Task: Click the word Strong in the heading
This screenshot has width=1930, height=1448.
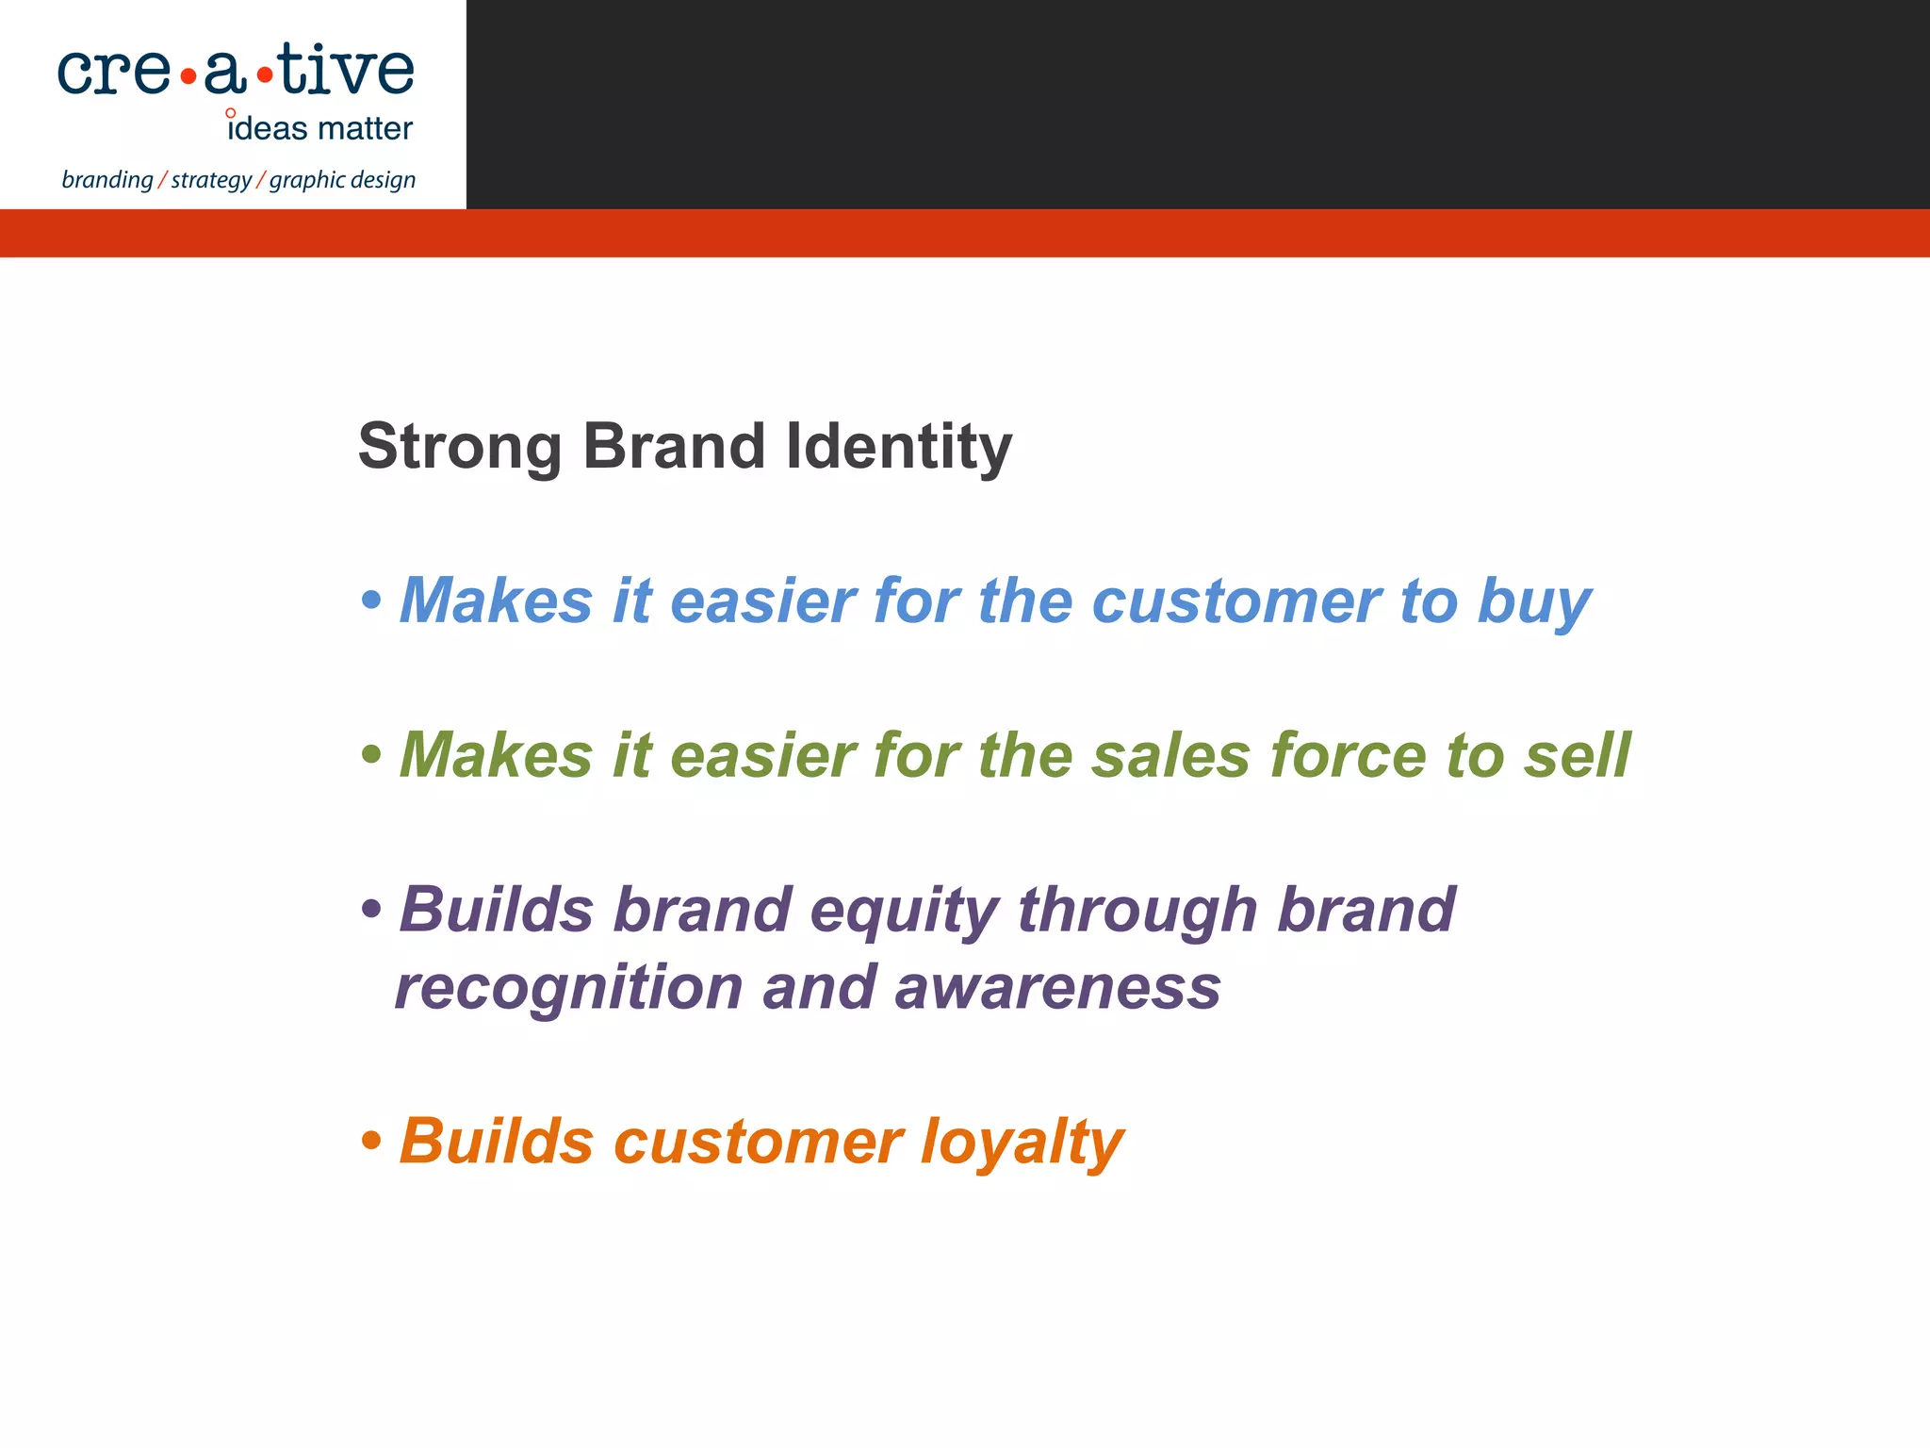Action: point(460,448)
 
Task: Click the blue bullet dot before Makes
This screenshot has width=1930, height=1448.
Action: point(371,600)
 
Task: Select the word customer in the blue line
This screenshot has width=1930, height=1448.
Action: point(1235,601)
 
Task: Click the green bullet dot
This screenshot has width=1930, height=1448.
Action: point(371,754)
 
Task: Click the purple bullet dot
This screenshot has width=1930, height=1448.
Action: point(371,910)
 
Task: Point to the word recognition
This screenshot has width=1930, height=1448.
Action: point(569,989)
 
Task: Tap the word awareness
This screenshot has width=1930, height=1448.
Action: point(1056,989)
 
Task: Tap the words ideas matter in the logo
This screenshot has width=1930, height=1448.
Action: point(319,128)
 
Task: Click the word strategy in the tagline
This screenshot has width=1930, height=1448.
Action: point(211,180)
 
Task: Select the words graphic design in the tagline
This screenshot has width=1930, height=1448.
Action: point(342,180)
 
